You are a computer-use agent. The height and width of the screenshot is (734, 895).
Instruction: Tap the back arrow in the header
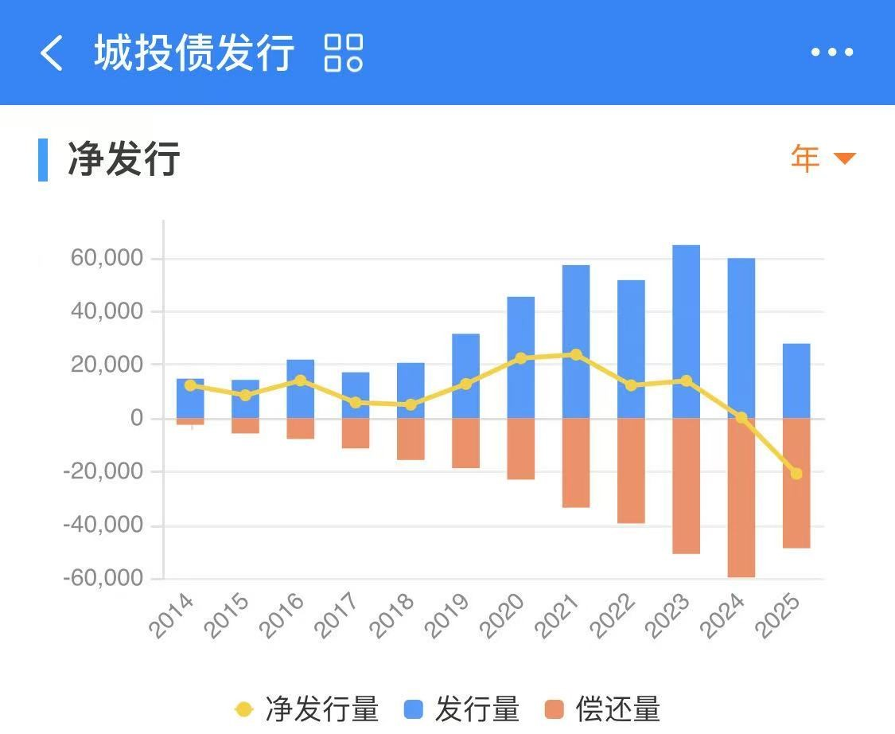tap(52, 53)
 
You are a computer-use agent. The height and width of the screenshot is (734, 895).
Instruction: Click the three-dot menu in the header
tap(831, 53)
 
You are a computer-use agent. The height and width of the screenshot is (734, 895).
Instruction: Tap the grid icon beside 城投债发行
tap(344, 53)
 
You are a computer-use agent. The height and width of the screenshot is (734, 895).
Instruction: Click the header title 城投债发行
tap(194, 53)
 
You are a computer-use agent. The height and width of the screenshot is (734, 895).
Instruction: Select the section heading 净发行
tap(123, 158)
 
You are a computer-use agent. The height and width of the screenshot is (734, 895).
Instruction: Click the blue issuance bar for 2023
tap(686, 331)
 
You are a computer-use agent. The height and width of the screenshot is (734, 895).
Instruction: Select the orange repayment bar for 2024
tap(741, 497)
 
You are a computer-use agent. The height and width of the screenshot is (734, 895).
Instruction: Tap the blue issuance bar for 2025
tap(796, 381)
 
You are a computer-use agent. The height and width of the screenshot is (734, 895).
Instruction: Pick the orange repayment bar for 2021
tap(576, 463)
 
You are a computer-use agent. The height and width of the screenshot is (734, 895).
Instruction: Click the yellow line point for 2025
tap(796, 474)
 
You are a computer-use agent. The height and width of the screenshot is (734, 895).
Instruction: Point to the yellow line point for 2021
tap(576, 354)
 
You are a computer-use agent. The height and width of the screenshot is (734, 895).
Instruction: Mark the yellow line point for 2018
tap(411, 404)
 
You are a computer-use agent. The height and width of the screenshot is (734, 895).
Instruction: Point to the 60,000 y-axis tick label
tap(106, 258)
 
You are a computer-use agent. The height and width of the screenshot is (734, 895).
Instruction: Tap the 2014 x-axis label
tap(173, 616)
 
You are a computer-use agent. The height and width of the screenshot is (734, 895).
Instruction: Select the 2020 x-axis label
tap(503, 616)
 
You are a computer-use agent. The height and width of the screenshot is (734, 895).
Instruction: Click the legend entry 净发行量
tap(307, 709)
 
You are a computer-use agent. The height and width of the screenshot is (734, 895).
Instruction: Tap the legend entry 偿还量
tap(602, 709)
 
